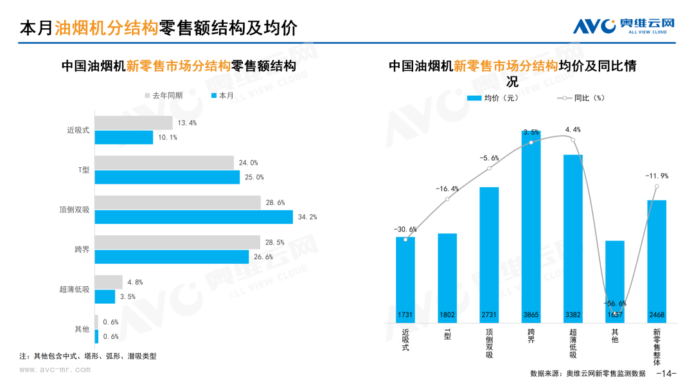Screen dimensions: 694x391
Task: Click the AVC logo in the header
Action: tap(623, 26)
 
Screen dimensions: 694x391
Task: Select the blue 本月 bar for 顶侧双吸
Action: tap(194, 217)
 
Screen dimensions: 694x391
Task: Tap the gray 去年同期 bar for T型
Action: tap(165, 163)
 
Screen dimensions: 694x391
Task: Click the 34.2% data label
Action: tap(307, 217)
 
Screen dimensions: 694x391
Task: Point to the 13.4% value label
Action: tap(187, 123)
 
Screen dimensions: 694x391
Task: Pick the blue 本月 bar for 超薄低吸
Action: tap(105, 296)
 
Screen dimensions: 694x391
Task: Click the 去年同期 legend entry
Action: tap(164, 96)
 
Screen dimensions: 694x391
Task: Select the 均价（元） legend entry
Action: tap(493, 98)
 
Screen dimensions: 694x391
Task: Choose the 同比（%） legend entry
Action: tap(580, 98)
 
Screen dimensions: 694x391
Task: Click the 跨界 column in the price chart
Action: tap(531, 226)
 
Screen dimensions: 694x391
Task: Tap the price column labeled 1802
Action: tap(447, 278)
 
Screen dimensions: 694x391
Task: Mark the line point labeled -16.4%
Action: tap(447, 199)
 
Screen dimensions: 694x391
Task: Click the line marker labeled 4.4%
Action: tap(573, 140)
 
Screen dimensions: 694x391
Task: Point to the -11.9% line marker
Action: tap(657, 186)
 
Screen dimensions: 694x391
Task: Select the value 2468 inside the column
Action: tap(657, 315)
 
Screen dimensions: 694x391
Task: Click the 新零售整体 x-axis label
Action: tap(657, 347)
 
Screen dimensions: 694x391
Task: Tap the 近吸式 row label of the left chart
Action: tap(78, 130)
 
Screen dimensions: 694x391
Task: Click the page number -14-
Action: tap(666, 373)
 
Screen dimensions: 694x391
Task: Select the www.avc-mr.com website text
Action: tap(55, 369)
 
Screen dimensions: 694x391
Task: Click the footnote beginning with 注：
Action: tap(87, 356)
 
